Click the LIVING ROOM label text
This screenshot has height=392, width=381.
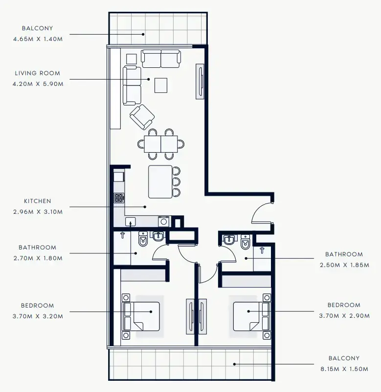point(38,73)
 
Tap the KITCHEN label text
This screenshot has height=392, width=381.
point(38,201)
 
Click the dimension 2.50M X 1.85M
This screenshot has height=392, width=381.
point(344,265)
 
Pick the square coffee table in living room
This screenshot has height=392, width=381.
point(161,85)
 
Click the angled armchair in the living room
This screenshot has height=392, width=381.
point(142,117)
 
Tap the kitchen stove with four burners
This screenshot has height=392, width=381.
point(119,198)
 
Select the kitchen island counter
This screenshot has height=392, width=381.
point(160,181)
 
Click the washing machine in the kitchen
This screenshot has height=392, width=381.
point(163,221)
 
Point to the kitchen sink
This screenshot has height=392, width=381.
point(131,222)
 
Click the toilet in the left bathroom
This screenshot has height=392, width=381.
point(143,239)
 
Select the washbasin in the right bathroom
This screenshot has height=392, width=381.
point(228,241)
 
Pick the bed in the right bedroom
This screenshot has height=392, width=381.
point(251,316)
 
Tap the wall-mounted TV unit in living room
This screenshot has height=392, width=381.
point(201,81)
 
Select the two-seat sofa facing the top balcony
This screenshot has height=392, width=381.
point(161,58)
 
